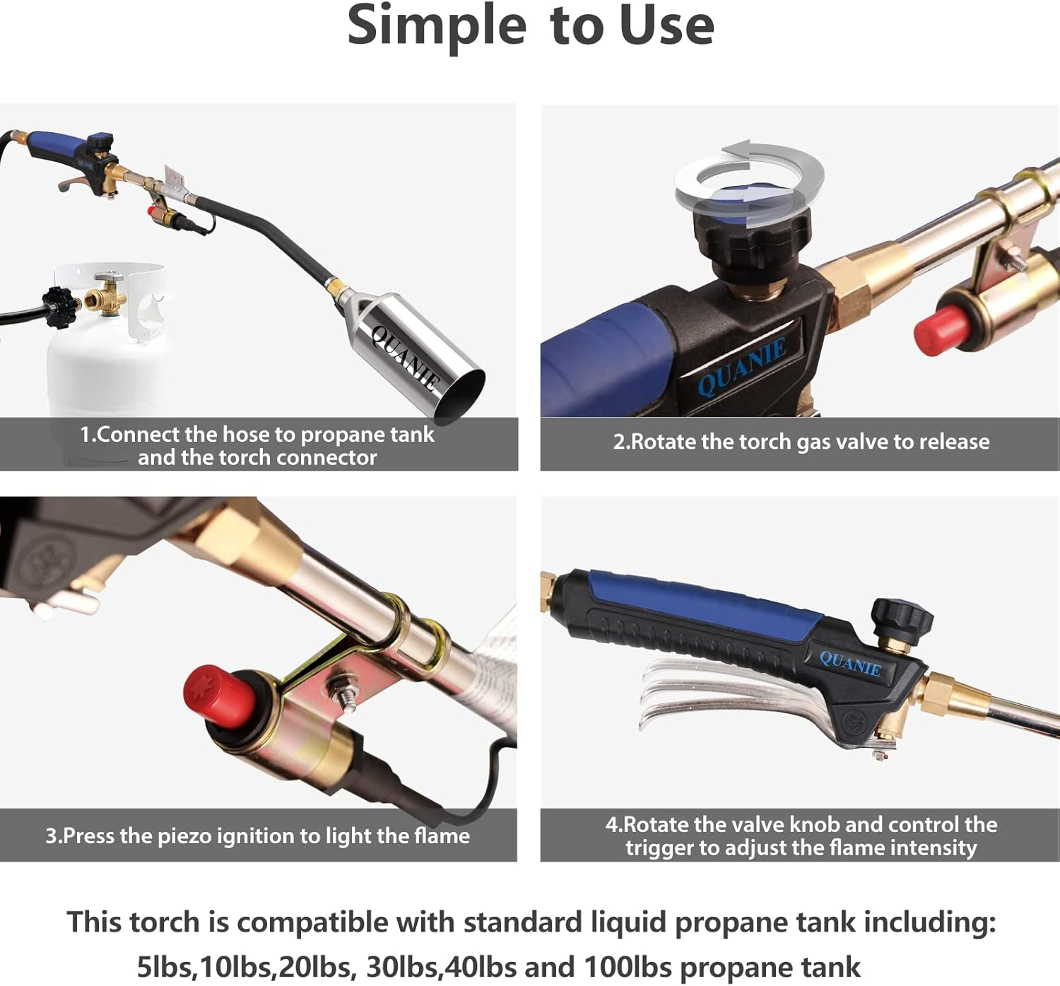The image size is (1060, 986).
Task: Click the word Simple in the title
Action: pos(437,27)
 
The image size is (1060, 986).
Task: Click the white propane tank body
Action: pos(106,368)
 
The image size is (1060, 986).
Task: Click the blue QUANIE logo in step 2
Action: pos(741,366)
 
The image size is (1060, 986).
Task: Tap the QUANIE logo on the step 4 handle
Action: pos(850,664)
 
